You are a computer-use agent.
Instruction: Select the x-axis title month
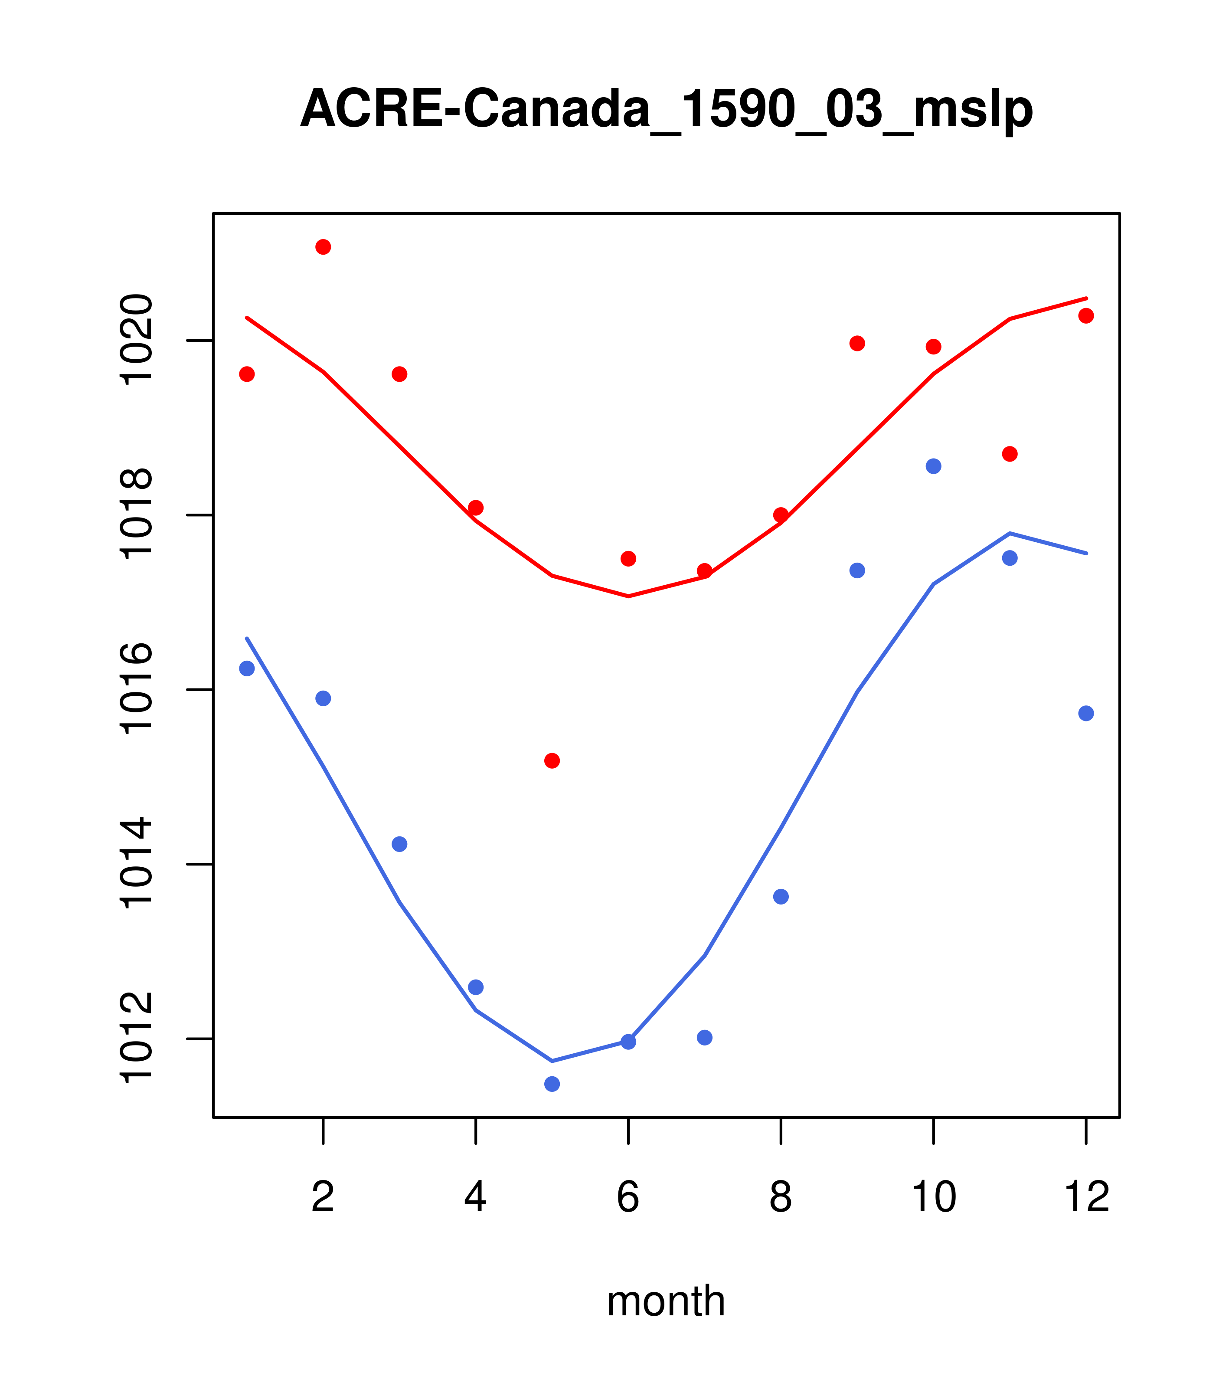click(x=666, y=1302)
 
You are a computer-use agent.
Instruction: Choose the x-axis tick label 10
click(x=933, y=1198)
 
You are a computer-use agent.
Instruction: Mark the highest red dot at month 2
click(x=324, y=247)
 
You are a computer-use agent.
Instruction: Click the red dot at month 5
click(x=552, y=761)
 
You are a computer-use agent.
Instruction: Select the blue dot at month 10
click(x=933, y=466)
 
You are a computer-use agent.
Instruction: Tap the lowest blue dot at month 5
click(x=552, y=1084)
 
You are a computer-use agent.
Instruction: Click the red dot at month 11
click(x=1010, y=454)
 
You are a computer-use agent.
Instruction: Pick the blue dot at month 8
click(x=781, y=897)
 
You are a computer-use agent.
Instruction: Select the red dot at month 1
click(x=247, y=374)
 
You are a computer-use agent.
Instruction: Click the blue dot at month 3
click(x=400, y=844)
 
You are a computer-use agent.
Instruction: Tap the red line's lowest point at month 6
click(x=628, y=596)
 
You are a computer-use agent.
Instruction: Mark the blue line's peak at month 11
click(x=1010, y=533)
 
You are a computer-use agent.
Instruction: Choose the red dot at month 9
click(x=858, y=344)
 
